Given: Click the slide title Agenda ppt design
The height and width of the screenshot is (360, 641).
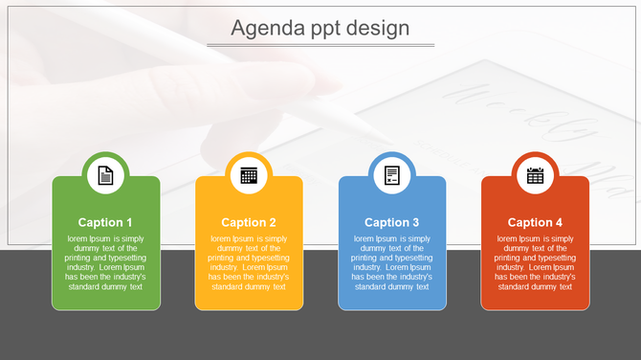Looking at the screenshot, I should [320, 29].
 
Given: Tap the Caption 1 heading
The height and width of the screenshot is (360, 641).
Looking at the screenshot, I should [105, 222].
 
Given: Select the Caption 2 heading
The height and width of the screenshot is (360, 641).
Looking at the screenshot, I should [249, 222].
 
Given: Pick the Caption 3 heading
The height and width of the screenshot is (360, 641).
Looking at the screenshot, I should [392, 222].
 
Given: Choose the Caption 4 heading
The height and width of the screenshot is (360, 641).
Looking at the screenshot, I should [535, 222].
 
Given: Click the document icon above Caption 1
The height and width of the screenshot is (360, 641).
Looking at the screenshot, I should [105, 175].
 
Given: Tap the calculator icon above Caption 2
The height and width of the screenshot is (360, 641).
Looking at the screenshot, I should [249, 175].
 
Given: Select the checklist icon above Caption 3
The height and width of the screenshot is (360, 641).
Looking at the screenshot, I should [392, 175].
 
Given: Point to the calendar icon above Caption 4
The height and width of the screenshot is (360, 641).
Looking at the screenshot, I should [535, 175].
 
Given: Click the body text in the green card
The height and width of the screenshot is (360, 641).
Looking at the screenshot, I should [105, 262].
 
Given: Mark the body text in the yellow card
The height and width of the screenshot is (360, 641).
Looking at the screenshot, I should [249, 262].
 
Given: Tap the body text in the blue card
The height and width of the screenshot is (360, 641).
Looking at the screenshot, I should [392, 262].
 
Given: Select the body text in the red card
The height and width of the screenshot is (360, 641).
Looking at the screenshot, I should [535, 262].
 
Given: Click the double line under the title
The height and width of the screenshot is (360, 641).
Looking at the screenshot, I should [320, 45].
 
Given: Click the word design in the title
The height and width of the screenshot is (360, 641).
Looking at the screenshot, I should [378, 29].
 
